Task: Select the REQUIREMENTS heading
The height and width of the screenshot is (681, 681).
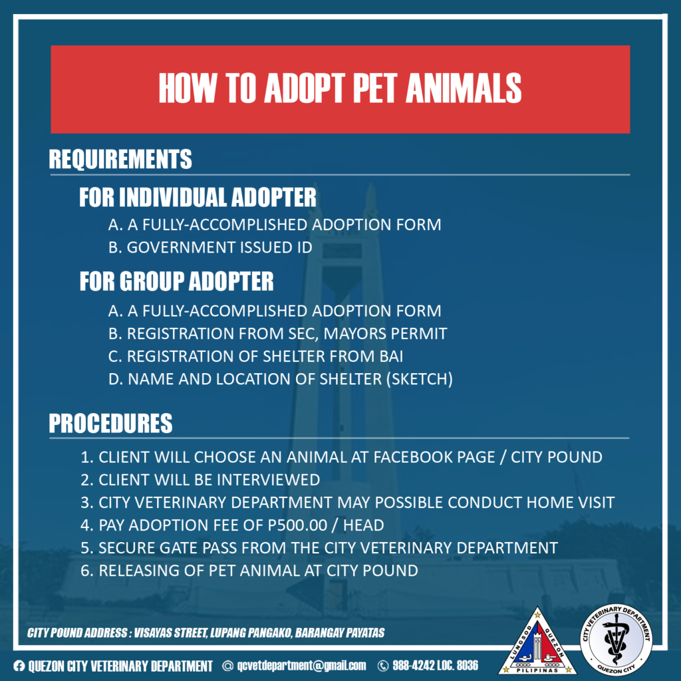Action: (120, 159)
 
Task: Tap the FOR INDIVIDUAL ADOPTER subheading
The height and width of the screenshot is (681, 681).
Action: (198, 197)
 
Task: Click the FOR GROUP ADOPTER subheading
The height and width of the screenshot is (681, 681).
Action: (177, 281)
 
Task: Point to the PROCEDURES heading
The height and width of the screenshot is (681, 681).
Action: (111, 423)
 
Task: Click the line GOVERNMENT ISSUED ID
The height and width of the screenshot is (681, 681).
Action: (210, 247)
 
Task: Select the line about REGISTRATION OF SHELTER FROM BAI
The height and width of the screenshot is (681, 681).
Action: (255, 356)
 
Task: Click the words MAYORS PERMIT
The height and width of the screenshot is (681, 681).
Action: (385, 334)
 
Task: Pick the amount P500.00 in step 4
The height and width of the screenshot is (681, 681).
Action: (297, 525)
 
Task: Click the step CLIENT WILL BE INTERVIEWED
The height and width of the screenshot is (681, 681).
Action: (200, 480)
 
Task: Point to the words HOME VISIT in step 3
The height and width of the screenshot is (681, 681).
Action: (571, 503)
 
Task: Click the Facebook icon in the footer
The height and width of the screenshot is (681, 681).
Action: (19, 665)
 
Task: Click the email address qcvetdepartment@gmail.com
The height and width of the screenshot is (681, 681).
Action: (301, 665)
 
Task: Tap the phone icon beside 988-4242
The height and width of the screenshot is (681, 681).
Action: (383, 666)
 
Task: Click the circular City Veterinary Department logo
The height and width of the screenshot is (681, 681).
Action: (616, 640)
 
